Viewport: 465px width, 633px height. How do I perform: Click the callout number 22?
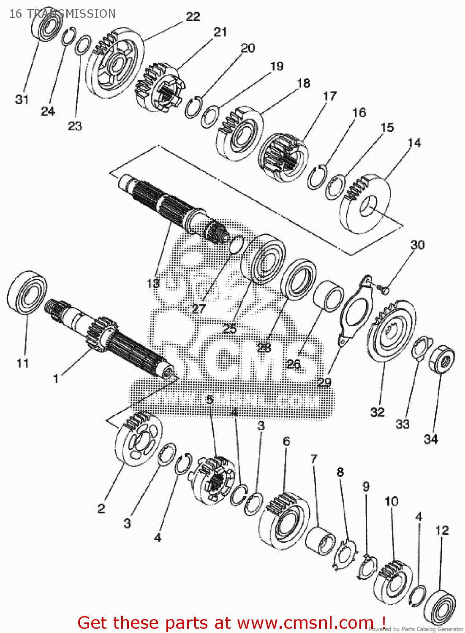coord(193,16)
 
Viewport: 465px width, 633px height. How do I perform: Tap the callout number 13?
coord(153,283)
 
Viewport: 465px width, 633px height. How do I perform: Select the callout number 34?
coord(431,439)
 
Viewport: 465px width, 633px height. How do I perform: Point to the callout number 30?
coord(417,245)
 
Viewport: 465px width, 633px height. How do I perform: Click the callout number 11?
coord(23,363)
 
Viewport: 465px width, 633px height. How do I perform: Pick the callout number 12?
coord(442,530)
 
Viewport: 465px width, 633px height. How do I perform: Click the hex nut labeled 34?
coord(441,359)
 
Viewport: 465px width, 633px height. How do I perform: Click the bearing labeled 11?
coord(27,292)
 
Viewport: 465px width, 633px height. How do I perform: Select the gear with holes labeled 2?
coord(138,439)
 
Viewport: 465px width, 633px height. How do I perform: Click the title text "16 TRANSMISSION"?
coord(62,14)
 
